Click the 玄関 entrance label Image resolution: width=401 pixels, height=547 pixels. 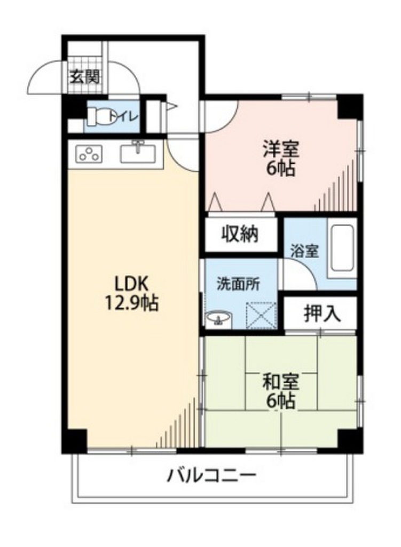84,77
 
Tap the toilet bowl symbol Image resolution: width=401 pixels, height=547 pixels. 97,116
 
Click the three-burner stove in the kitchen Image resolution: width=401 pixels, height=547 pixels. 89,154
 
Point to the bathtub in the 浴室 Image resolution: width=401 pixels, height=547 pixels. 342,248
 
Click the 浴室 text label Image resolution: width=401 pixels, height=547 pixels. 305,251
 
